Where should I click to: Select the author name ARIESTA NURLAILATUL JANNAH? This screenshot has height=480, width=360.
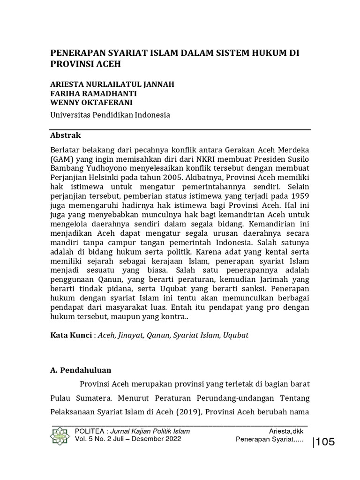112,84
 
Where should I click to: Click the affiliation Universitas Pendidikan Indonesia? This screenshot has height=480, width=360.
110,115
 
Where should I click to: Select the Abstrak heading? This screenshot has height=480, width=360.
65,135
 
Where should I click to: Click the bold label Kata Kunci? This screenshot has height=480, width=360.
70,336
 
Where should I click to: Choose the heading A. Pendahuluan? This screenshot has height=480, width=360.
80,370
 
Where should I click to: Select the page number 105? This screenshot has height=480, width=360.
325,441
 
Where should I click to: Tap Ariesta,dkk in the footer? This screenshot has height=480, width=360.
286,431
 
